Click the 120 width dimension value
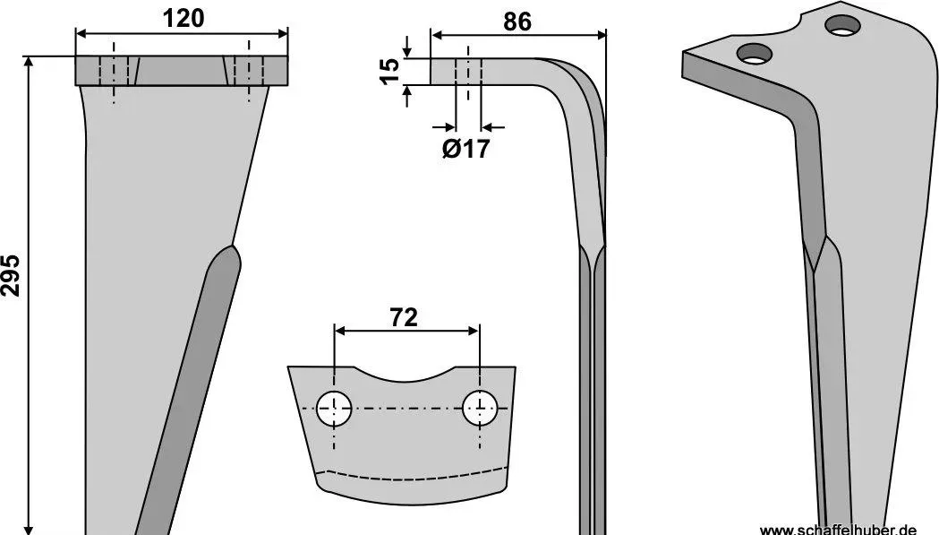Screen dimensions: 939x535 pos(184,18)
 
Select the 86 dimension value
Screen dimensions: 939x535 pos(516,22)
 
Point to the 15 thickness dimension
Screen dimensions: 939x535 pos(390,72)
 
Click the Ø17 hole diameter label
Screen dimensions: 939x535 pos(465,149)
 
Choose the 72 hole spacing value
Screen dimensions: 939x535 pos(404,317)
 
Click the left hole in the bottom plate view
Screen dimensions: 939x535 pos(334,409)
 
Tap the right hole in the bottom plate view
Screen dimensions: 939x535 pos(480,408)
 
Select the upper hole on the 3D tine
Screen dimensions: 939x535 pos(842,25)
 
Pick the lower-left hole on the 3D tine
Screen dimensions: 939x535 pos(755,54)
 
